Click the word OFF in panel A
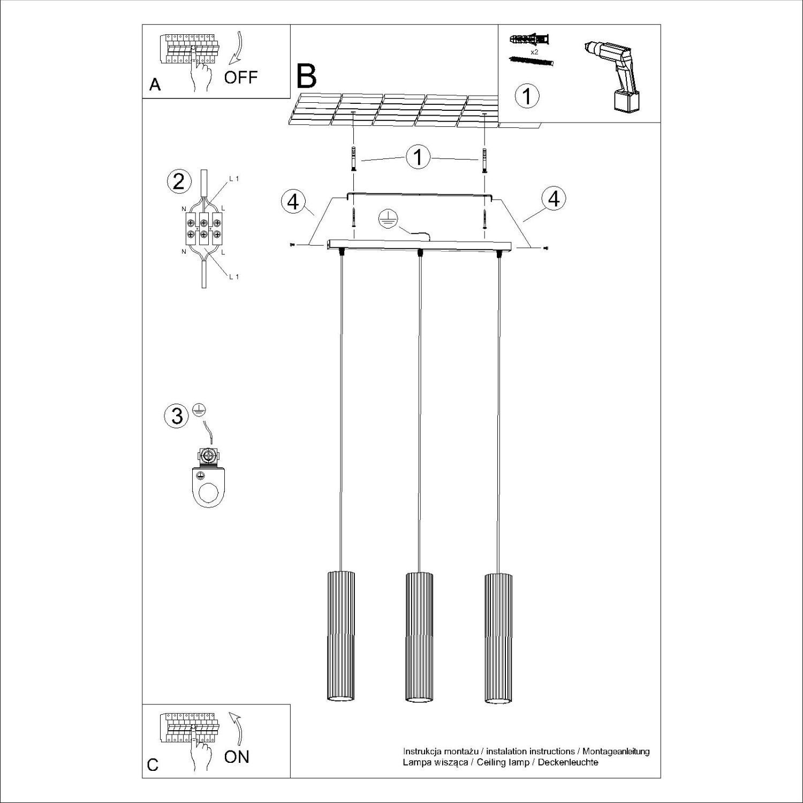pos(241,77)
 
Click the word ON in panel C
pos(237,756)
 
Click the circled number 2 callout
pos(179,182)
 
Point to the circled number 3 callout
pos(177,415)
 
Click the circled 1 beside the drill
pos(527,96)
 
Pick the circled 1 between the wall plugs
pos(419,157)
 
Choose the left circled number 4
pos(293,202)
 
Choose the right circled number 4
pos(554,199)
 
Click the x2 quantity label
pos(534,52)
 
